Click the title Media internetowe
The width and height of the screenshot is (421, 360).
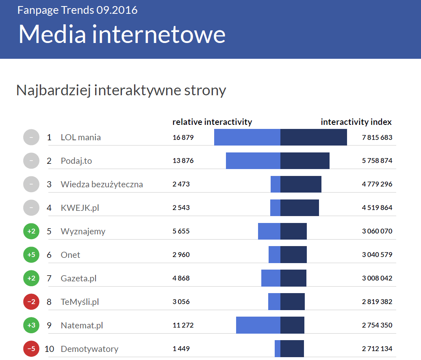coord(122,34)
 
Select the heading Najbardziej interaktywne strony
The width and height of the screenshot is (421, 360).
coord(121,90)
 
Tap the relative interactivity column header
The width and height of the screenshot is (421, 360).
coord(212,122)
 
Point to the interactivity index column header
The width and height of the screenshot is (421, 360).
coord(356,122)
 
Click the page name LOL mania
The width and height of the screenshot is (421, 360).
coord(80,137)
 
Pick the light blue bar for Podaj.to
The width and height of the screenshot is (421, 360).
coord(253,161)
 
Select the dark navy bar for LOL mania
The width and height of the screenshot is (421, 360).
coord(313,137)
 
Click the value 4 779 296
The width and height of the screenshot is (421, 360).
coord(377,184)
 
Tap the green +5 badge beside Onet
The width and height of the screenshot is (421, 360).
coord(31,255)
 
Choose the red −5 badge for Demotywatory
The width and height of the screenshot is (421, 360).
coord(31,349)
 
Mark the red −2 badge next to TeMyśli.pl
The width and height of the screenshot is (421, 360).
coord(31,302)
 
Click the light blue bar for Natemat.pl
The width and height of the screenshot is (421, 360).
coord(258,326)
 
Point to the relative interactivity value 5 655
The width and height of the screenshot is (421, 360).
coord(181,231)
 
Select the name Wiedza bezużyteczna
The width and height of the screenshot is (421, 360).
coord(102,184)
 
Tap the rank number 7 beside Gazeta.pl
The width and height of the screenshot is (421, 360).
coord(49,279)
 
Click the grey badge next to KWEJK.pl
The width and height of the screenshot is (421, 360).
coord(31,208)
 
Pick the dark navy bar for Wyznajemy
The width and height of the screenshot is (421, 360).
coord(293,231)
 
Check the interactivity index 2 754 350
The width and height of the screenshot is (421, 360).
coord(377,326)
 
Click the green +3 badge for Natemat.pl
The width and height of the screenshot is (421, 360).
coord(31,326)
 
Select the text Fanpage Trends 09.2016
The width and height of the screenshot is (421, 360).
coord(77,10)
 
